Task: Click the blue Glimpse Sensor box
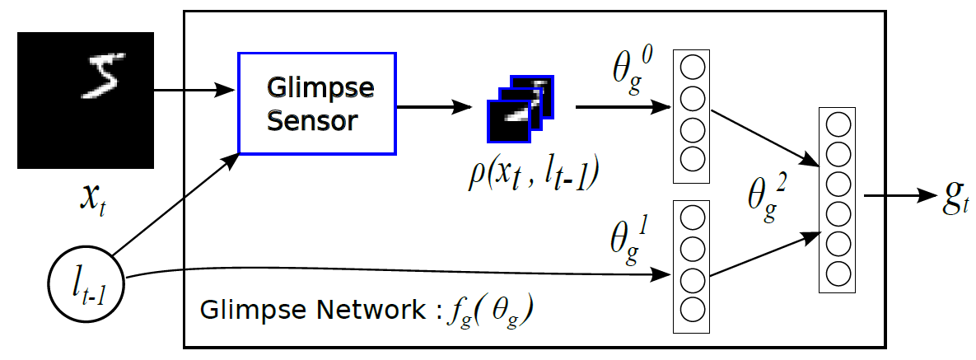point(317,103)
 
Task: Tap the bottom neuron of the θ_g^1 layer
point(692,309)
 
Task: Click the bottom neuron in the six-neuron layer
point(838,272)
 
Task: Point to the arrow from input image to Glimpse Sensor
point(194,91)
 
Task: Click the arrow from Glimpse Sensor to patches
point(436,107)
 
